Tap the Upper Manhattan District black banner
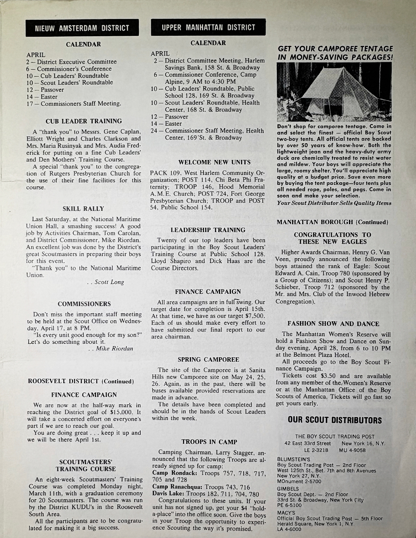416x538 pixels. pos(208,27)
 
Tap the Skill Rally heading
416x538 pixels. pos(83,209)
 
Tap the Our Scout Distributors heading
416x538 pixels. pos(335,420)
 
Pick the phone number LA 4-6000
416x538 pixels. pos(287,529)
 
